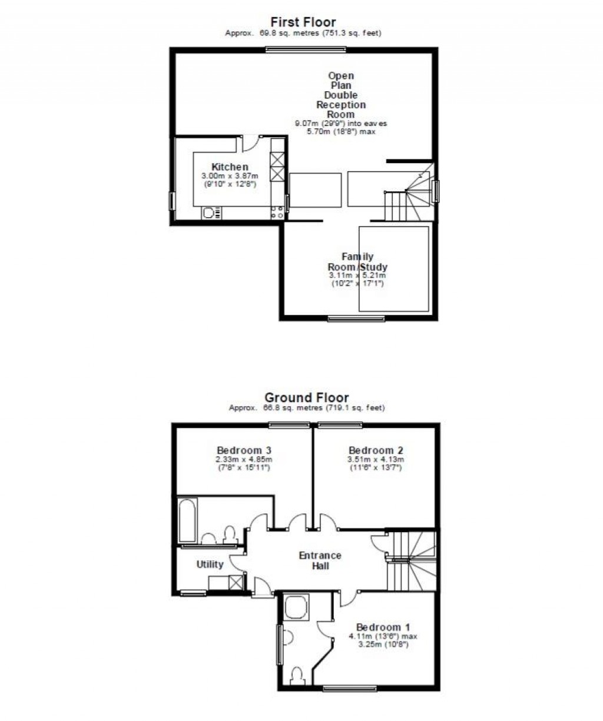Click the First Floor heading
point(303,23)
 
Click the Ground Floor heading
point(306,398)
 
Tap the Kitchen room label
point(230,167)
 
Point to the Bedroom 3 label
point(244,450)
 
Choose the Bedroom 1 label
point(383,627)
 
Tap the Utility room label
point(210,564)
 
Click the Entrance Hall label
point(320,560)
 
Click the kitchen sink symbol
point(211,213)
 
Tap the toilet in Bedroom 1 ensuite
point(298,675)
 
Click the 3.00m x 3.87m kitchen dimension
point(230,176)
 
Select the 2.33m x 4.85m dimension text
point(244,460)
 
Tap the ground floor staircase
point(410,559)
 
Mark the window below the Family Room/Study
point(356,319)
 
